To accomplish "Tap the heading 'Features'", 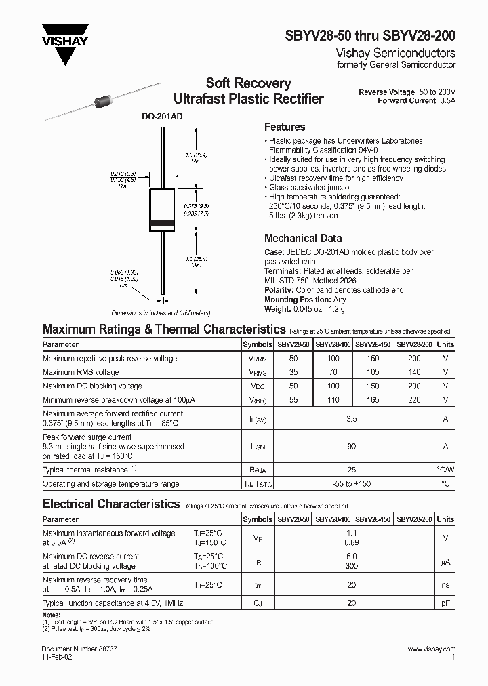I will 284,127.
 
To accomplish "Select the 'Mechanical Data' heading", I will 302,238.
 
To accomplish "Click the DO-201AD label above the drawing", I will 162,117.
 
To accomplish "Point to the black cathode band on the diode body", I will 162,224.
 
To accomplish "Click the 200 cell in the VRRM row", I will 414,358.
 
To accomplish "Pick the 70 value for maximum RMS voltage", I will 332,372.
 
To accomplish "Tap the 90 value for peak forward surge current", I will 352,447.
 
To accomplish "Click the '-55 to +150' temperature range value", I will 352,484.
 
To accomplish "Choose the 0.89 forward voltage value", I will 352,542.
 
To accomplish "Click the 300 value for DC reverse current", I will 352,565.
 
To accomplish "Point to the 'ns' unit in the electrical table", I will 445,584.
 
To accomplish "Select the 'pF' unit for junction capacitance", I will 445,603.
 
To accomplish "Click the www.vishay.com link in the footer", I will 431,649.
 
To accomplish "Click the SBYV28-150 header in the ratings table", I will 373,344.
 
